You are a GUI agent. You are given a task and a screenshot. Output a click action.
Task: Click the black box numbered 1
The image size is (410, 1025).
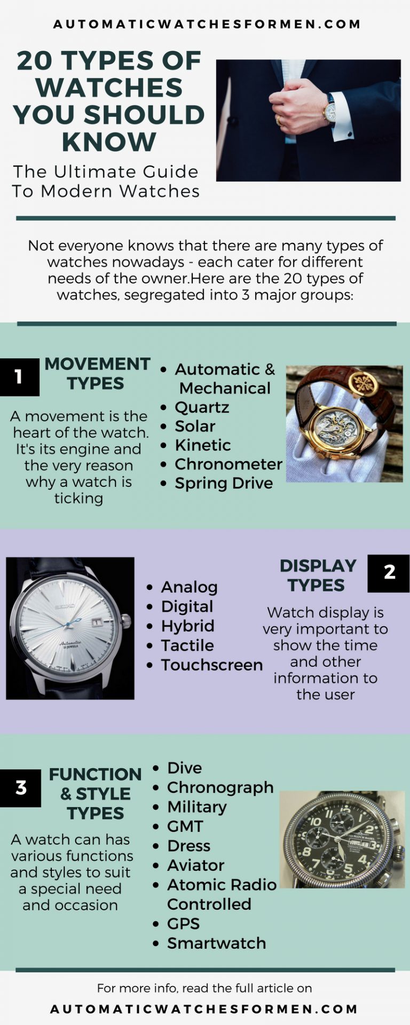coord(19,377)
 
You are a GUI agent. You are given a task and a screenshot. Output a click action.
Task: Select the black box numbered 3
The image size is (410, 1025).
coord(21,788)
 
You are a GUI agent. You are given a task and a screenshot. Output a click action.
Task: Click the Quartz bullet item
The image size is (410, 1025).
coord(202,407)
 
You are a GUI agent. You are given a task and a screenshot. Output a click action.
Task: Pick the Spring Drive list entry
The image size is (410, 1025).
coord(224,483)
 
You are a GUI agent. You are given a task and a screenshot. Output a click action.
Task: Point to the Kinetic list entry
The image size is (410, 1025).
coord(203,445)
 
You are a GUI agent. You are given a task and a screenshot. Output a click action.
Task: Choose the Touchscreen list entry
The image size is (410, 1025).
coord(211,665)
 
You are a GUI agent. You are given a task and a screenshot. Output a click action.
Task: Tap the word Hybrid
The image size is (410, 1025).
coord(187,626)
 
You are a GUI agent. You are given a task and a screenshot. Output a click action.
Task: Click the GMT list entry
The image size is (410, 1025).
coord(185,826)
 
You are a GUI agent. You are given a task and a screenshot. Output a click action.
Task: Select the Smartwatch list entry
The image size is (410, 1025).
coord(216,943)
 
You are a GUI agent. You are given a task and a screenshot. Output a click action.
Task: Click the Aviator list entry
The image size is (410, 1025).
coord(195,865)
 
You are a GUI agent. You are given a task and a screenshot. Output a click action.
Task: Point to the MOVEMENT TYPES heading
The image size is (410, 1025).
coord(97,373)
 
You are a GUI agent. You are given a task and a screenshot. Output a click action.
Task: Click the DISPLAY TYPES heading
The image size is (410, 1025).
coord(317,575)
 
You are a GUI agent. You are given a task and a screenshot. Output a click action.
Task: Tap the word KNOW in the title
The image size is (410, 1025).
coord(109,142)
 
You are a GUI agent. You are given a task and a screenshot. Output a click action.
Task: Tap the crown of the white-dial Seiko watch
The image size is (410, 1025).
coord(127,621)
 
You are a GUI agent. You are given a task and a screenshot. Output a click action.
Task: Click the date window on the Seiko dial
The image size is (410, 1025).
coord(97,622)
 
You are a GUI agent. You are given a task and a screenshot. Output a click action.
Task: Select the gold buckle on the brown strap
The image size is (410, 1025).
coord(363,383)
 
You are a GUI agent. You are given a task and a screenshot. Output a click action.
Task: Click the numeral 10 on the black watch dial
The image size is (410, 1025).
coord(316,822)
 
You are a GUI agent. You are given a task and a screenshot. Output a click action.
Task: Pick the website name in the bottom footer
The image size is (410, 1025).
coord(204,1010)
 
